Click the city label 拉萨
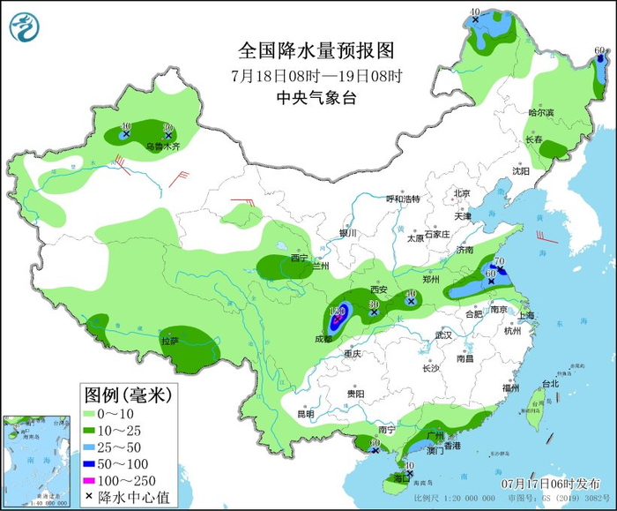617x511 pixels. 169,340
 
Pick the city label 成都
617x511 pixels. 323,339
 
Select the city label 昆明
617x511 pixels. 305,414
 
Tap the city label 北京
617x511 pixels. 463,193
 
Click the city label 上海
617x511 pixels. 529,315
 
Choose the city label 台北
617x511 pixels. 551,384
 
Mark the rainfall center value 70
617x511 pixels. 498,261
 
